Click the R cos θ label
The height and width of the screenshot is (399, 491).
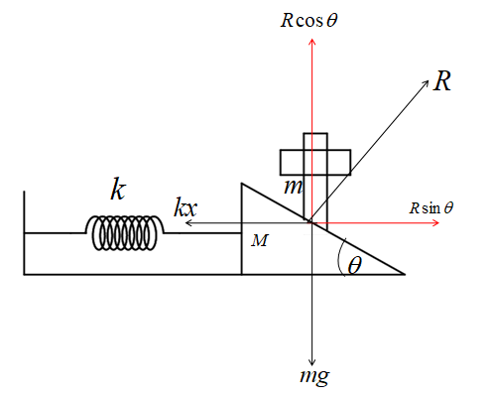click(308, 20)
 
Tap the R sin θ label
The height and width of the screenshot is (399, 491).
click(430, 208)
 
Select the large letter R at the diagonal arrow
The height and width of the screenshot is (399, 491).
click(442, 81)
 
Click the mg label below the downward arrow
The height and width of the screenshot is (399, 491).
click(314, 376)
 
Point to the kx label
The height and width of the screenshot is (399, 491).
click(185, 207)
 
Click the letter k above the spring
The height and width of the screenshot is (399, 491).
click(118, 190)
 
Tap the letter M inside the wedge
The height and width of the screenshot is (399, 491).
click(259, 240)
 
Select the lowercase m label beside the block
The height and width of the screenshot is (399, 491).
click(293, 187)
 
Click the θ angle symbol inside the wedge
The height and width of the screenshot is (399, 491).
click(354, 265)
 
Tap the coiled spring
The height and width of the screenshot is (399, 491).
click(125, 232)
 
